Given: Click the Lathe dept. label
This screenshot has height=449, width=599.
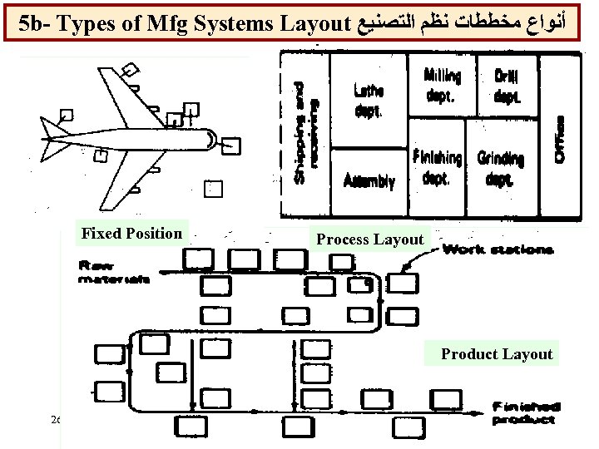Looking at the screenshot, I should [x=369, y=101].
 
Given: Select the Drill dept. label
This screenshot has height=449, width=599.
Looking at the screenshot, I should [x=507, y=86].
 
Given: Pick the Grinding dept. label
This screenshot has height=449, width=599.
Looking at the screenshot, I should [x=501, y=167].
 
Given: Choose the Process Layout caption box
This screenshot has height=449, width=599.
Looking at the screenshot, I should [x=369, y=239].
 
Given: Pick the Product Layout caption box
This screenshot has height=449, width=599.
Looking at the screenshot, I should [x=497, y=354].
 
